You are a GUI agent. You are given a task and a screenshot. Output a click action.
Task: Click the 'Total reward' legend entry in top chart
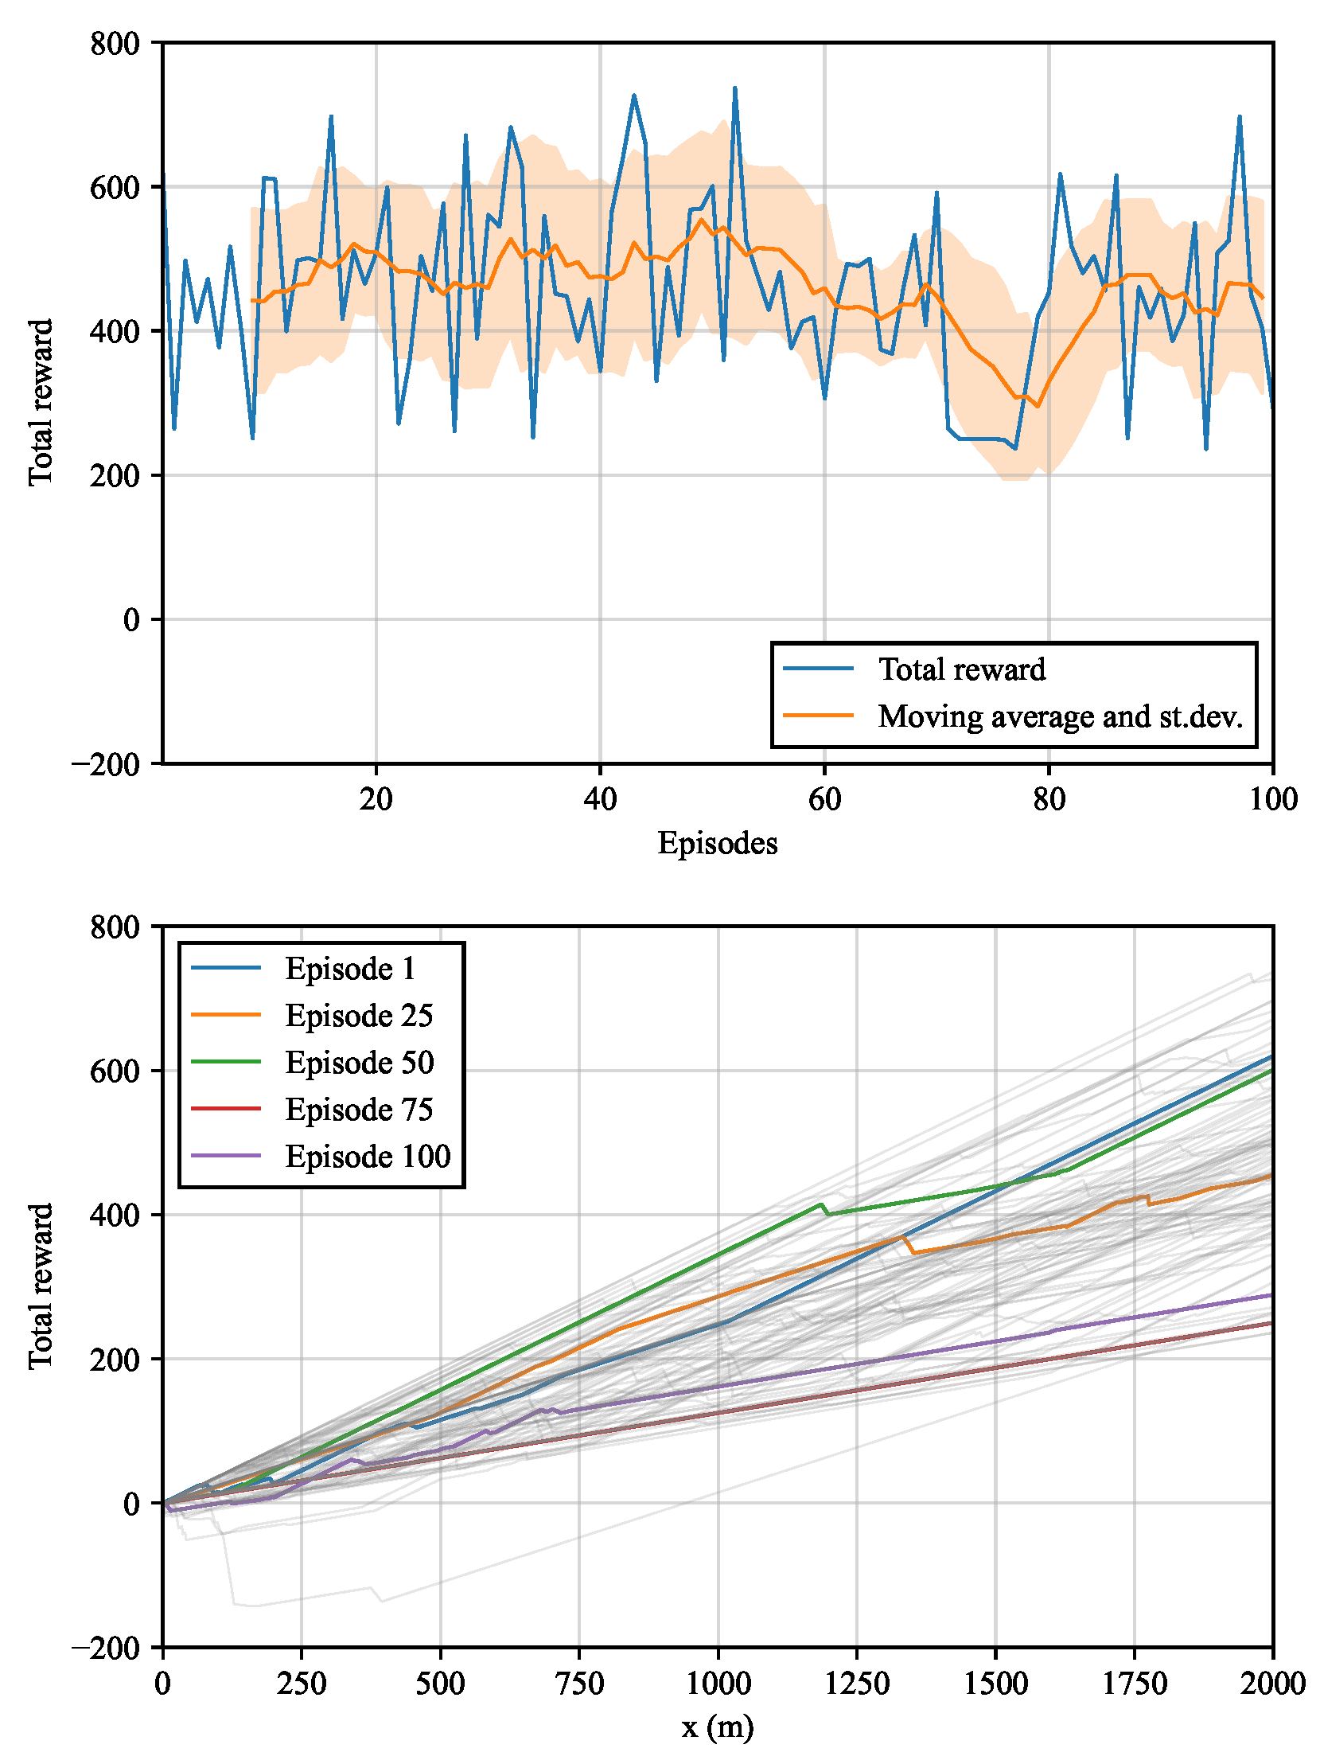[961, 669]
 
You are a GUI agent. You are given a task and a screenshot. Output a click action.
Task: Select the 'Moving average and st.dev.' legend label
[1060, 716]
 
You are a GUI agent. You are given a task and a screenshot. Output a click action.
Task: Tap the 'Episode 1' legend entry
[350, 969]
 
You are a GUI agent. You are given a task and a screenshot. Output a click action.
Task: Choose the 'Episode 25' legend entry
[359, 1016]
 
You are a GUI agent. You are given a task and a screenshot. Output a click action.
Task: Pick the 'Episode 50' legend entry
[360, 1063]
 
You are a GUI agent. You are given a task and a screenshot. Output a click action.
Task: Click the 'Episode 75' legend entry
[359, 1110]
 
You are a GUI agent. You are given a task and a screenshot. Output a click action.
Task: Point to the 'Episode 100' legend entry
[368, 1157]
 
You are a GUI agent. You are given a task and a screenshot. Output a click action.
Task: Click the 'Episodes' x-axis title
[717, 843]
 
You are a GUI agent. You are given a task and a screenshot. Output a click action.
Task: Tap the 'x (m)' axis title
[717, 1726]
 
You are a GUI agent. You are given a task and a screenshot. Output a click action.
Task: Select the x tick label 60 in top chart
[824, 799]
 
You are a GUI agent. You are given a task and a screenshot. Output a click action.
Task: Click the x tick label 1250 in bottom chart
[857, 1683]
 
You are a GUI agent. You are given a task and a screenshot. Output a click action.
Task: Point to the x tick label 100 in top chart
[1272, 799]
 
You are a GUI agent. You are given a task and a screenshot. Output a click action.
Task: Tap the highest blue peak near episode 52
[734, 88]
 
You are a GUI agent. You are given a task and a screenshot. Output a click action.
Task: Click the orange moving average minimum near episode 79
[1037, 406]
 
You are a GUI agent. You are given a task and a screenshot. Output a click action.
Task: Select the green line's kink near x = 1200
[821, 1204]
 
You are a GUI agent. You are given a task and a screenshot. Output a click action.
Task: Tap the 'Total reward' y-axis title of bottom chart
[41, 1286]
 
